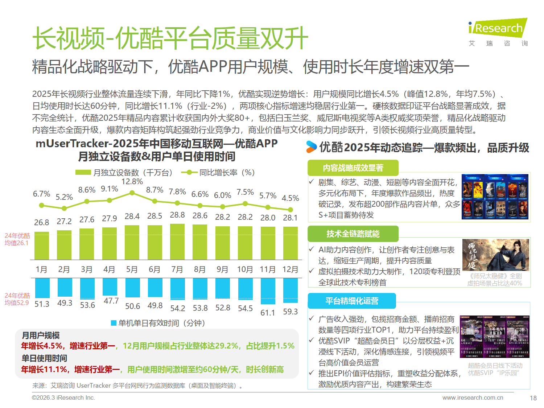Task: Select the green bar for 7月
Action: pyautogui.click(x=177, y=242)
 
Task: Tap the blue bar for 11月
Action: pyautogui.click(x=268, y=291)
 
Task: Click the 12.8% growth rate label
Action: pyautogui.click(x=132, y=182)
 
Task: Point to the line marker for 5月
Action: pyautogui.click(x=132, y=193)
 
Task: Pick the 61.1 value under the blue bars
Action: pyautogui.click(x=268, y=313)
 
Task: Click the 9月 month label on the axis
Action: pyautogui.click(x=222, y=269)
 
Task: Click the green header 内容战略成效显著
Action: pyautogui.click(x=353, y=168)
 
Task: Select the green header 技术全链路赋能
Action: pyautogui.click(x=353, y=234)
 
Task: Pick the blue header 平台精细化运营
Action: pyautogui.click(x=352, y=301)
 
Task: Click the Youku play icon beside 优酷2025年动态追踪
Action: pyautogui.click(x=311, y=147)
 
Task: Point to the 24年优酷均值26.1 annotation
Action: pyautogui.click(x=17, y=239)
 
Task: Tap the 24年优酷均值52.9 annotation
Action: pyautogui.click(x=17, y=299)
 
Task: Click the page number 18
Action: pyautogui.click(x=533, y=398)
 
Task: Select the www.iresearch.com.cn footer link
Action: pyautogui.click(x=473, y=397)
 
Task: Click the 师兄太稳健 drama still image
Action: pyautogui.click(x=495, y=255)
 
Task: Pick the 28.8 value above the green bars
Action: pyautogui.click(x=177, y=215)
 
